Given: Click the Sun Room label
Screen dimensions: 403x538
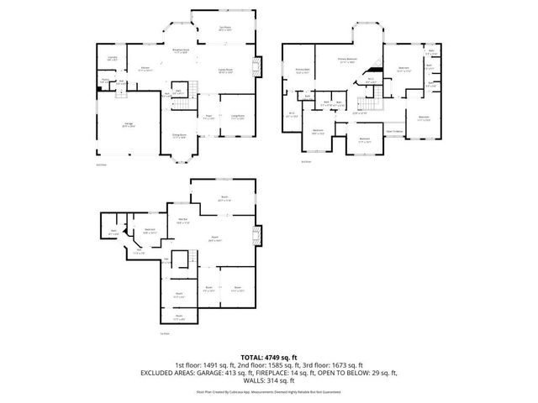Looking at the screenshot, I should coord(224,29).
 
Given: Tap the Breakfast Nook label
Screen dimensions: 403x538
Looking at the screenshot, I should coord(180,50).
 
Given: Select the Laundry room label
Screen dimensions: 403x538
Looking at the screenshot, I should coord(112,58).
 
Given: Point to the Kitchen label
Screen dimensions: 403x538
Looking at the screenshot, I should coord(145,67).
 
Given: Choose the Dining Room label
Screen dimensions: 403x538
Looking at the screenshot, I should coord(179,134).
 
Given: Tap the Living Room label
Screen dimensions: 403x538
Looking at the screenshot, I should coord(238,117).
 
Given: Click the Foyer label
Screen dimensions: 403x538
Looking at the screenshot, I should coord(208,117).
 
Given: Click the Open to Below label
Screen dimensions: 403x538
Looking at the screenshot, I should coord(394,131).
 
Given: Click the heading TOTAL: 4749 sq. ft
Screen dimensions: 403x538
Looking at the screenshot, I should coord(269,357).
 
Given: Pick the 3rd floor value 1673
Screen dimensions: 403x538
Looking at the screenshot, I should coord(345,365).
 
